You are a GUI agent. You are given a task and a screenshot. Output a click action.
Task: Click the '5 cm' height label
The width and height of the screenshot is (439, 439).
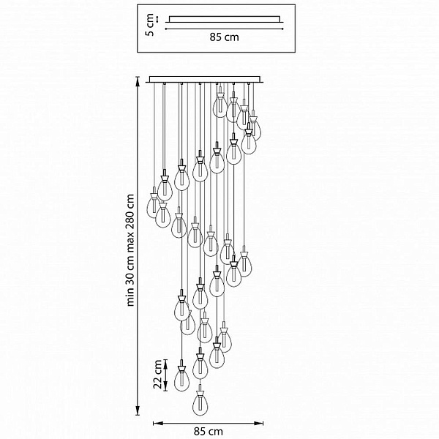pos(150,25)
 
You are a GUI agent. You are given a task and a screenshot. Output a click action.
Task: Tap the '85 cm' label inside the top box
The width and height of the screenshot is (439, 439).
pos(225,37)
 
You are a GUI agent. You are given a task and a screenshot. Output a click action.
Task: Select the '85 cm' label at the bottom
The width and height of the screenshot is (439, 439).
pos(209,432)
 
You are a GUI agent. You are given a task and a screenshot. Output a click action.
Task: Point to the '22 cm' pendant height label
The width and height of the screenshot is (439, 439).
pos(158,375)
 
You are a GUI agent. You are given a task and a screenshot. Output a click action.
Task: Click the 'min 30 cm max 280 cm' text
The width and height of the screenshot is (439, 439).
pos(130,250)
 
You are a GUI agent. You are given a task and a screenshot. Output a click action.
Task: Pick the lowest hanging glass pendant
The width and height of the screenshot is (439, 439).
pos(200,400)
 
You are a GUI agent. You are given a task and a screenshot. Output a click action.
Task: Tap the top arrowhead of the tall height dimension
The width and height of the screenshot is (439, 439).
pos(138,80)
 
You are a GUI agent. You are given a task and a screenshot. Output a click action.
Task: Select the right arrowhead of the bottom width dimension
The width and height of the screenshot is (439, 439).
pos(259,424)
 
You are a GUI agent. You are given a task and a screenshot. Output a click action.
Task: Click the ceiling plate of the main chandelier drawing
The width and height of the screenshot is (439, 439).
pos(205,80)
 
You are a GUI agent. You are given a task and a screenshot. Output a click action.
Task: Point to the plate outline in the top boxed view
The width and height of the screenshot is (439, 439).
pos(225,19)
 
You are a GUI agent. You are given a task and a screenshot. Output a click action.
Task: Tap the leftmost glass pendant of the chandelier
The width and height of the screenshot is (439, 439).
pos(153,203)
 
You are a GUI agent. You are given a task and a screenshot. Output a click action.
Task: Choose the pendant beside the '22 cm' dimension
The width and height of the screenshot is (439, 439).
pos(181,376)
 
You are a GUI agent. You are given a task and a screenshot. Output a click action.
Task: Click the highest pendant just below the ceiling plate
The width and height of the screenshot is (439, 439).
pos(220,102)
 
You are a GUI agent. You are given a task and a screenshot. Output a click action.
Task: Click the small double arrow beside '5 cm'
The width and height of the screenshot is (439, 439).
pos(157,19)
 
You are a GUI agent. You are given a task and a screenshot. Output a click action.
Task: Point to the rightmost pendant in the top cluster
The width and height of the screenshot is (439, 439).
pos(255,125)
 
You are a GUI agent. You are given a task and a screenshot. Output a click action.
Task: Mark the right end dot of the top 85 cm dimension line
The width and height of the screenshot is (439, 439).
pos(282,29)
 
